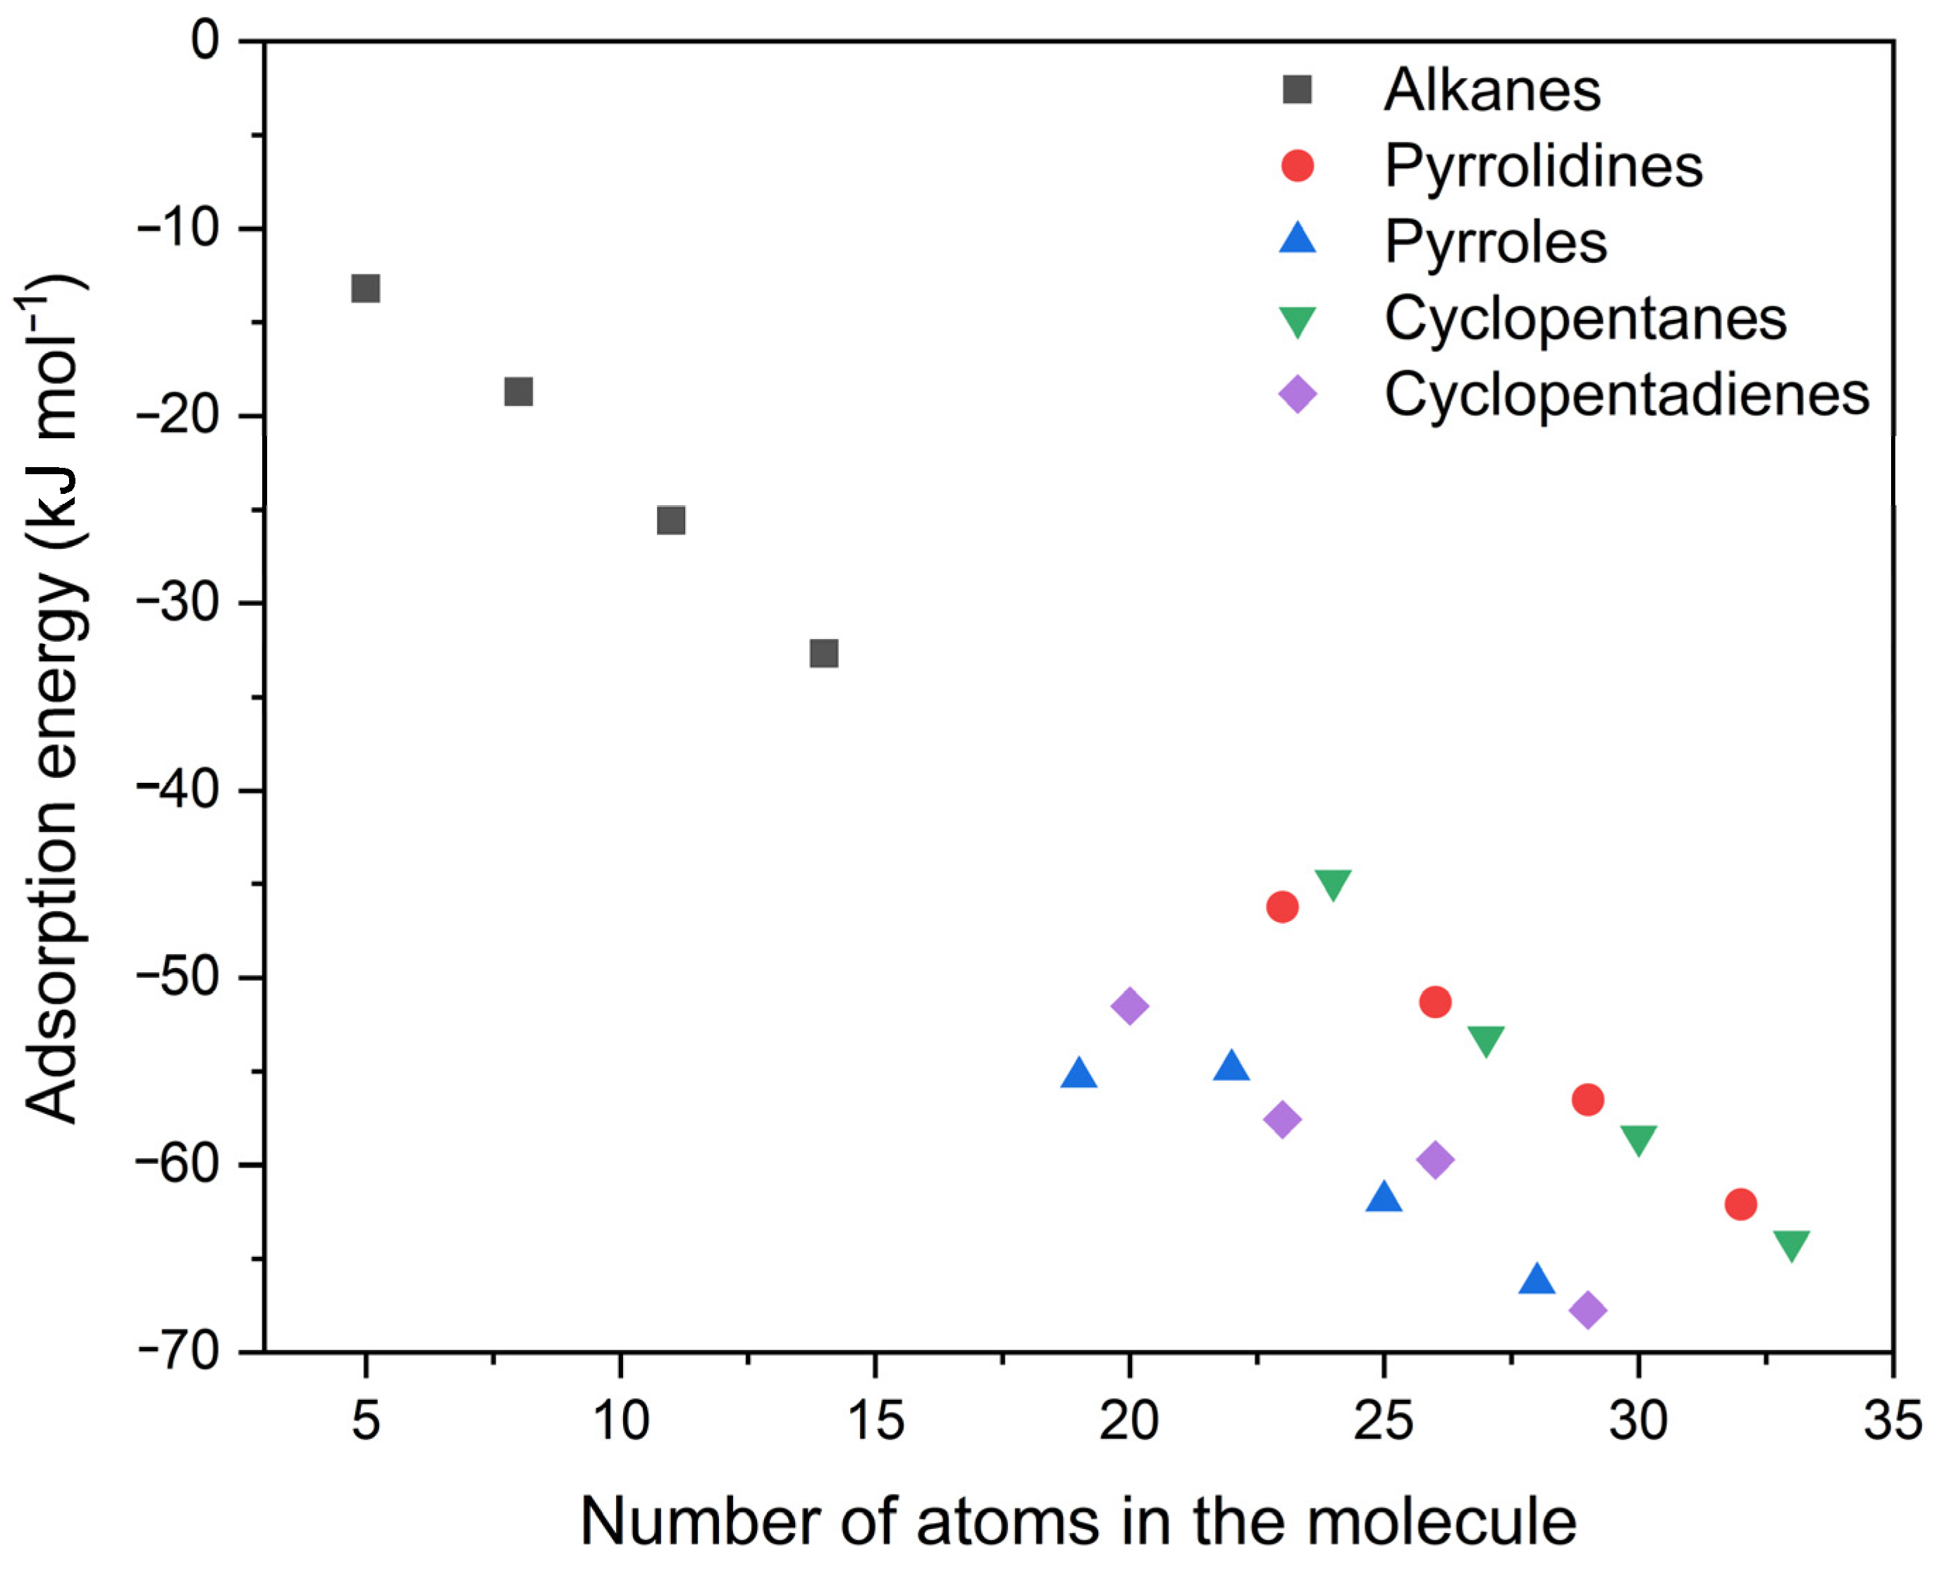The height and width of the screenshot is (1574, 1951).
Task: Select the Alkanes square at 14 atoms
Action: coord(823,653)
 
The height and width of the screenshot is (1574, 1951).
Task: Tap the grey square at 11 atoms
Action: coord(670,521)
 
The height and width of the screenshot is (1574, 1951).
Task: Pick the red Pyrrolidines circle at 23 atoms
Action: coord(1281,907)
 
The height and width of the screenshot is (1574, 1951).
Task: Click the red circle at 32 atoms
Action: coord(1740,1204)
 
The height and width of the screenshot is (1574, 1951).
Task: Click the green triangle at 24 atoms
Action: coord(1332,883)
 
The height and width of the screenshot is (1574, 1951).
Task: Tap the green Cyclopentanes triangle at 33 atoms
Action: coord(1792,1245)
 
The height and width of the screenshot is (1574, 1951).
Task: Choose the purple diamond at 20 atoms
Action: coord(1129,1005)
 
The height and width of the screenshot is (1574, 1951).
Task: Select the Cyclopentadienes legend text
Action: coord(1626,395)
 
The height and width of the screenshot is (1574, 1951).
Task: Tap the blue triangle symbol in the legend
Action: coord(1297,240)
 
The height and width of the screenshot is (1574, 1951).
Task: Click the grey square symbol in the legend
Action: coord(1297,89)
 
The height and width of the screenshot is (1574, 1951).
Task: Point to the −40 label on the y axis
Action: coord(179,791)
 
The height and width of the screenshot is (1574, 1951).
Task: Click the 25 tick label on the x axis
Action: coord(1383,1421)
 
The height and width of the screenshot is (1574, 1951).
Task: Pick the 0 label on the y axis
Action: coord(206,42)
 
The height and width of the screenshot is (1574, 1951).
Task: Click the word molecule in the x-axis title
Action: coord(1441,1521)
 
